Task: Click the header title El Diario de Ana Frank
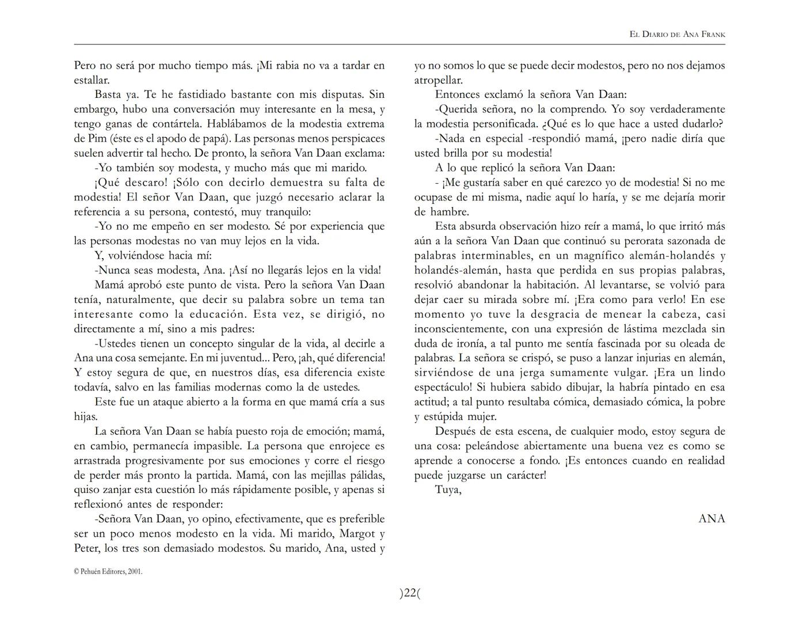(x=678, y=35)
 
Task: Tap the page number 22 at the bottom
(x=410, y=593)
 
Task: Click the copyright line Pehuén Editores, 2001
(x=108, y=572)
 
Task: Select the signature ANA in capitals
(x=712, y=518)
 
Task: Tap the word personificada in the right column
(x=506, y=124)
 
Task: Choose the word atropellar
(x=438, y=80)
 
